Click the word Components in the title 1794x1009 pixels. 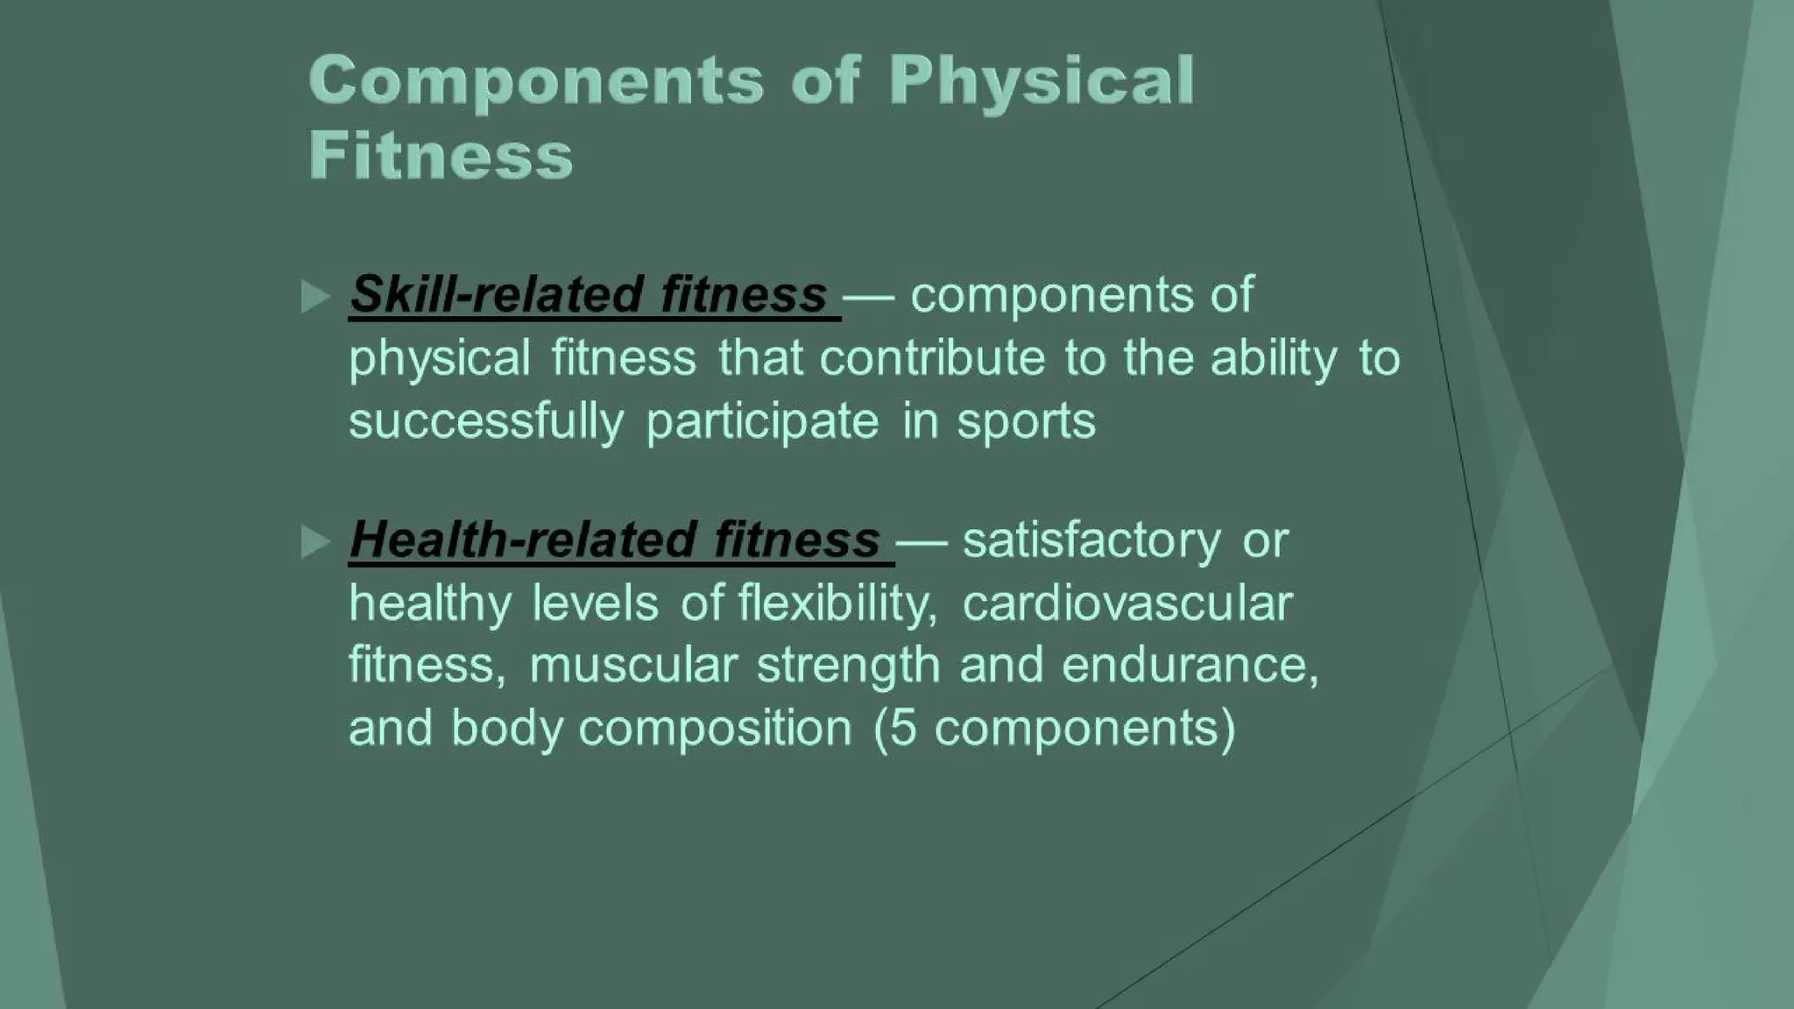pos(536,81)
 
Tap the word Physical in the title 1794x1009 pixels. pos(1042,81)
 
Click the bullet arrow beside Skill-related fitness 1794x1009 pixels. pos(315,296)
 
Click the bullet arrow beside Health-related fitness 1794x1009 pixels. pos(315,541)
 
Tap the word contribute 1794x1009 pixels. pos(932,358)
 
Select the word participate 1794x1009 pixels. pos(762,421)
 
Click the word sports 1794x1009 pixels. pos(1026,421)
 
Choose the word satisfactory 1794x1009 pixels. pos(1091,540)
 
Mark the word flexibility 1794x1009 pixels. pos(837,603)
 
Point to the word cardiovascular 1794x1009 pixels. pos(1127,603)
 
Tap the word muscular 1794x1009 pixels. pos(633,665)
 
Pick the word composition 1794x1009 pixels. pos(715,729)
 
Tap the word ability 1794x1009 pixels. pos(1274,358)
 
